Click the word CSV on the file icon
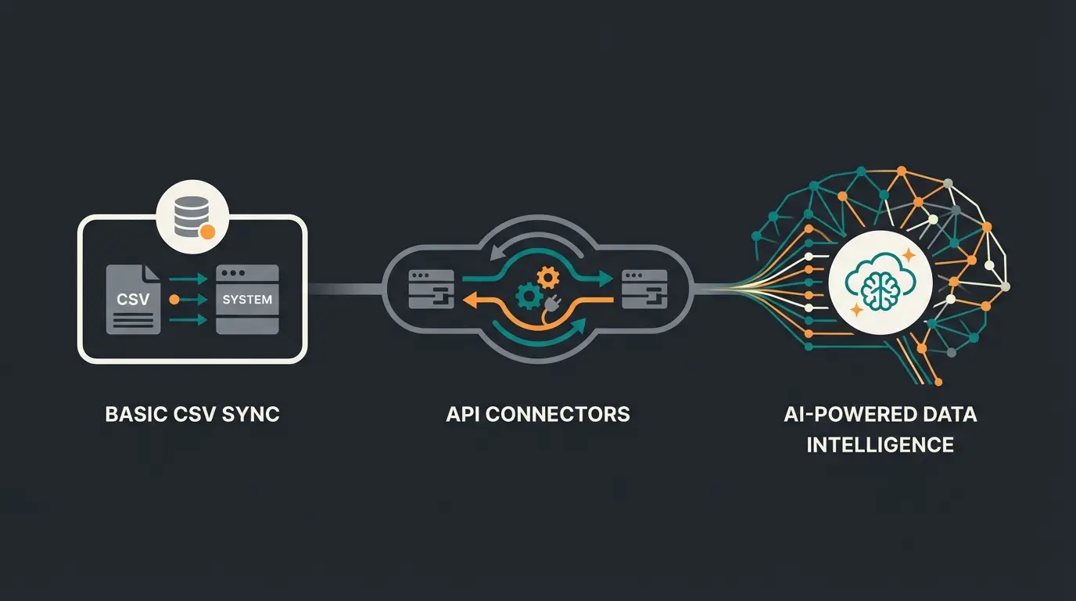click(x=132, y=299)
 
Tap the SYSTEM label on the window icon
click(x=247, y=299)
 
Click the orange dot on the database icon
click(x=207, y=231)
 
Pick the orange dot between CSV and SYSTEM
click(x=174, y=299)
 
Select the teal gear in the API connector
click(x=529, y=297)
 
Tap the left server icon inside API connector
click(x=431, y=289)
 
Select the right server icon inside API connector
click(x=645, y=289)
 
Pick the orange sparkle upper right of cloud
click(x=908, y=256)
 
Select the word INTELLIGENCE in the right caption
click(x=880, y=445)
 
